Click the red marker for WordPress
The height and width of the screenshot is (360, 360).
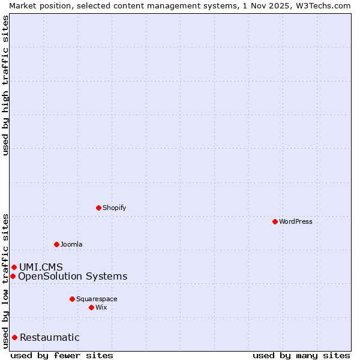[x=275, y=221]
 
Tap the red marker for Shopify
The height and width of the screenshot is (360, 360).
[x=98, y=208]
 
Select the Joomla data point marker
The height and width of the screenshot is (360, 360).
[x=56, y=244]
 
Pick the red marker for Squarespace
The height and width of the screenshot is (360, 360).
[x=72, y=299]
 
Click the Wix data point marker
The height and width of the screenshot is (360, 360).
[x=91, y=307]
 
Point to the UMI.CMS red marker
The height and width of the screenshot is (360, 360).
[x=14, y=267]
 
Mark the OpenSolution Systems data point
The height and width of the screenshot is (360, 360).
[x=13, y=276]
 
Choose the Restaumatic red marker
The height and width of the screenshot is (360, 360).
[x=14, y=337]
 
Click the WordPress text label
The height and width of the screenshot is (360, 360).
[x=296, y=221]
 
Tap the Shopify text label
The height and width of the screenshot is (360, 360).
[x=114, y=208]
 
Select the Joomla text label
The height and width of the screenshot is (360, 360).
[x=71, y=244]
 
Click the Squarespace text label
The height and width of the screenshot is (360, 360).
[x=97, y=299]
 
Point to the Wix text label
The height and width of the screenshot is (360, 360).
[x=101, y=307]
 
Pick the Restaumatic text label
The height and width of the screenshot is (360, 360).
[x=49, y=337]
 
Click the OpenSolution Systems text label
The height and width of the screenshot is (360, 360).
[x=73, y=276]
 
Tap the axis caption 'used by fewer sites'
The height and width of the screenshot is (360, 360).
[x=62, y=355]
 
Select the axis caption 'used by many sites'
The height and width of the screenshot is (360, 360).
[x=301, y=355]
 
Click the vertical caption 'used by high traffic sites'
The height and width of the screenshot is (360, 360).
[x=5, y=86]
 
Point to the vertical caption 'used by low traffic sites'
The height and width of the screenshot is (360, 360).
[x=5, y=280]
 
